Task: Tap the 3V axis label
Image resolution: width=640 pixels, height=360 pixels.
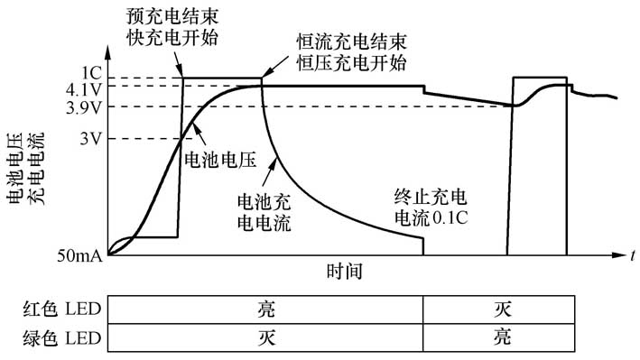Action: (90, 139)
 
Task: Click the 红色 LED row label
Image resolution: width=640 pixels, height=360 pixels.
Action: (61, 309)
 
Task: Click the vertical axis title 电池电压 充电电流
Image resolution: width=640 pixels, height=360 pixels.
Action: (24, 171)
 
